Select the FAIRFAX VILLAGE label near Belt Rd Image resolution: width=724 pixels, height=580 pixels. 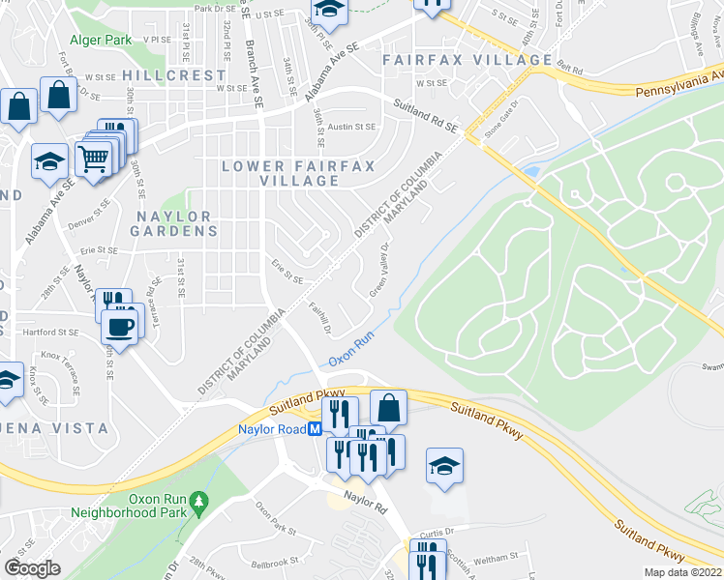[x=467, y=60]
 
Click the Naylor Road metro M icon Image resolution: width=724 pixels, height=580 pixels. [x=315, y=430]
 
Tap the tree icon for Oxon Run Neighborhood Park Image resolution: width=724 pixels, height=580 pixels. [x=198, y=501]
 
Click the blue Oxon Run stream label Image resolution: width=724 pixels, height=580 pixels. [x=350, y=349]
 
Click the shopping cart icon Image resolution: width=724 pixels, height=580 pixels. [x=93, y=159]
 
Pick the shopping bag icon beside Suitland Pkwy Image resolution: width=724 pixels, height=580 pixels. [x=388, y=407]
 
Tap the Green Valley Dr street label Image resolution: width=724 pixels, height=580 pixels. [x=384, y=271]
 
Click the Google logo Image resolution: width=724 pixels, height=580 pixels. [x=32, y=568]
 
